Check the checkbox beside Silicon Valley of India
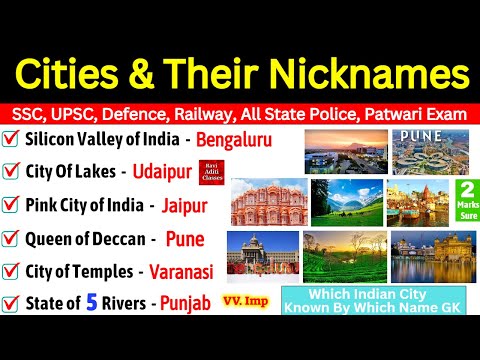click(14, 140)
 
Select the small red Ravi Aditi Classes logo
click(209, 172)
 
